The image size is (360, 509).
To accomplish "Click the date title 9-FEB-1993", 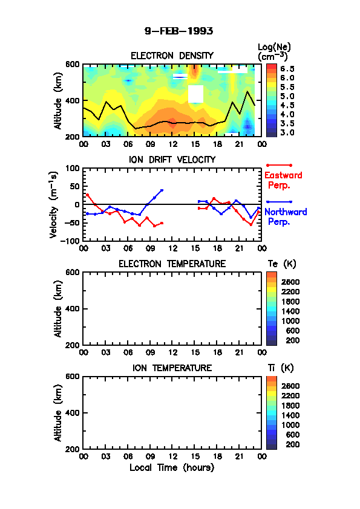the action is (x=178, y=31).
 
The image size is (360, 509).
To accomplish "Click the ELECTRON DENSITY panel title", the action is (x=172, y=56).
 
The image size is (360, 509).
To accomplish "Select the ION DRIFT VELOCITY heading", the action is (x=172, y=160).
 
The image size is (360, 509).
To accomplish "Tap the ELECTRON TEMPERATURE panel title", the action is (x=172, y=264).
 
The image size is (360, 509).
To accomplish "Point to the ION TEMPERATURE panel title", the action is (x=172, y=368).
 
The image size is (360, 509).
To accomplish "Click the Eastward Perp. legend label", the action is (x=283, y=180).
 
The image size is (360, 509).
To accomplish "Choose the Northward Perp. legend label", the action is (x=285, y=216).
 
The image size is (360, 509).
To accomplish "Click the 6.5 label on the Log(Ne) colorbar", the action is (x=287, y=69).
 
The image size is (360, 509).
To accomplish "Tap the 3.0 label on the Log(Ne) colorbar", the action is (x=287, y=132).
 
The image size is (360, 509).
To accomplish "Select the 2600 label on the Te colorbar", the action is (x=290, y=282).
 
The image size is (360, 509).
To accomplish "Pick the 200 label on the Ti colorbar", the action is (x=292, y=444).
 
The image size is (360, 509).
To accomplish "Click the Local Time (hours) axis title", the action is (x=172, y=468).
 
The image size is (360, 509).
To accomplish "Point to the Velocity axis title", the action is (x=54, y=205).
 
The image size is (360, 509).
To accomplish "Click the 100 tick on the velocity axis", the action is (x=72, y=168).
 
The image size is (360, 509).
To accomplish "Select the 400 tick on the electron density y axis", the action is (x=72, y=100).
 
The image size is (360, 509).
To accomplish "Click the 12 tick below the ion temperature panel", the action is (x=173, y=456).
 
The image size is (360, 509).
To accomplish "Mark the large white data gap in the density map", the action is (x=195, y=94).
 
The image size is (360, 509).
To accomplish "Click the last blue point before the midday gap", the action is (x=162, y=190).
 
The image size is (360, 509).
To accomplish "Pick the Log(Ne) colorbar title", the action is (x=274, y=52).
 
